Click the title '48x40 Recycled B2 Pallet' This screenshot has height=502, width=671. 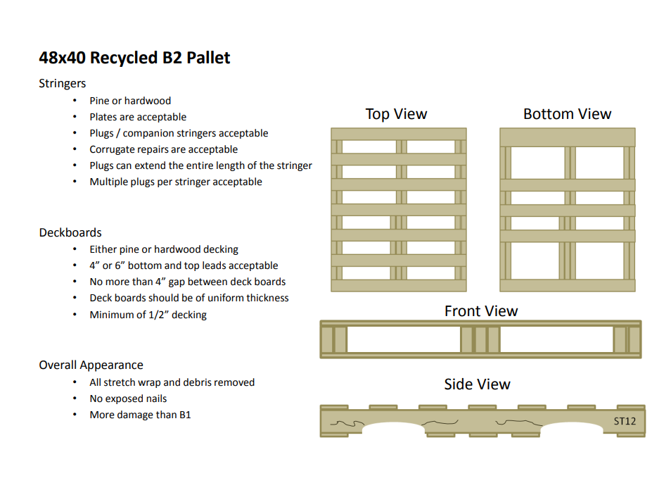[x=134, y=58]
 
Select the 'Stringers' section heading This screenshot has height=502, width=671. [x=63, y=84]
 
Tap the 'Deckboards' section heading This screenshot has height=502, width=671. [x=70, y=232]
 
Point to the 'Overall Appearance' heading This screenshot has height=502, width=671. [x=91, y=365]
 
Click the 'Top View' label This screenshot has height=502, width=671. [x=396, y=114]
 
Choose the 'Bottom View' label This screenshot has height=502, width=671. [x=567, y=114]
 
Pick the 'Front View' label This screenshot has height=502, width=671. [x=480, y=311]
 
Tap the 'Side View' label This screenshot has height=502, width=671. [x=477, y=384]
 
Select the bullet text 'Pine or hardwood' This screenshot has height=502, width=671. [x=130, y=101]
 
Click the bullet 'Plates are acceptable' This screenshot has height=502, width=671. [x=138, y=117]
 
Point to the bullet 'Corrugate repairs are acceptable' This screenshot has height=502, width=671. [x=163, y=149]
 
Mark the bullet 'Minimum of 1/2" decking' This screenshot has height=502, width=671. [x=148, y=315]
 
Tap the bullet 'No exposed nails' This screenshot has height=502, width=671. [x=128, y=399]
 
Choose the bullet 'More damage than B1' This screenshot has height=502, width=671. [x=140, y=415]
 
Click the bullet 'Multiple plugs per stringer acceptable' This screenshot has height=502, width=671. [x=176, y=182]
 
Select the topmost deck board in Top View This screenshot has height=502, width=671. [x=399, y=134]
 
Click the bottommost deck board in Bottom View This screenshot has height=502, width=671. [x=567, y=285]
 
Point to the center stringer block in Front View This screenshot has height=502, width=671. [x=480, y=339]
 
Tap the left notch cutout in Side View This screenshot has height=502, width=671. [x=392, y=429]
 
